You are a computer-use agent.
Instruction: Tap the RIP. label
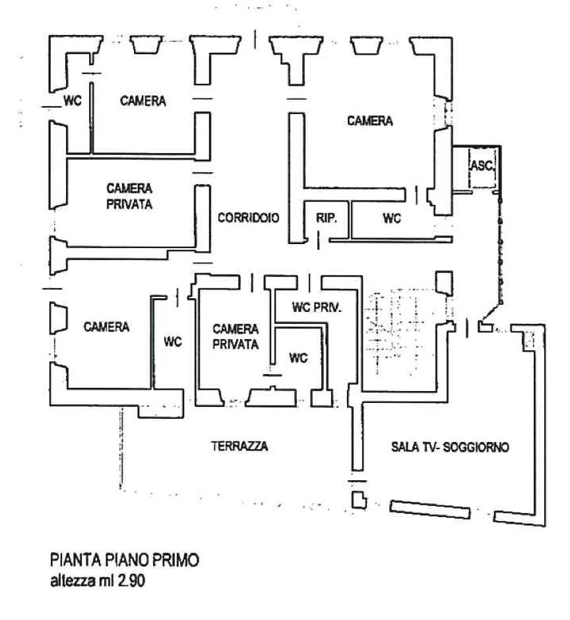pos(327,218)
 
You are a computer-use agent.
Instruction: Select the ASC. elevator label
pos(481,166)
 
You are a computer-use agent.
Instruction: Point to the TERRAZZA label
pos(239,446)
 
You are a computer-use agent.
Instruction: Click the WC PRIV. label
pos(317,307)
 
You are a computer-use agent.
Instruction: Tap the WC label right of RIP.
pos(392,218)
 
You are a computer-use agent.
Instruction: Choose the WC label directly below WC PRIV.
pos(299,358)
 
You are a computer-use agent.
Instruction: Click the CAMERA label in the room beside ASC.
pos(370,121)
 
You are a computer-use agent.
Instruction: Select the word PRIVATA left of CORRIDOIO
pos(130,204)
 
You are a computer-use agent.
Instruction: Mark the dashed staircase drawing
pos(394,332)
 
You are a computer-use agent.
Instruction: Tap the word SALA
pos(403,447)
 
